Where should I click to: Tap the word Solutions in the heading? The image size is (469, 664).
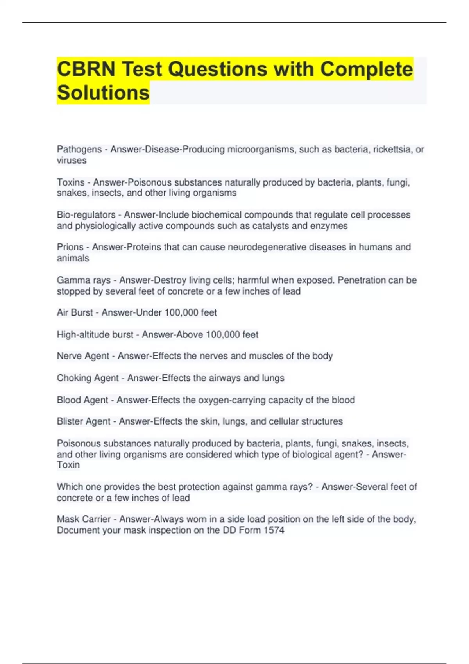click(103, 93)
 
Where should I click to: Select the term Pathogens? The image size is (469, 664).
click(79, 150)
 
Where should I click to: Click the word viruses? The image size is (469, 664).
click(72, 161)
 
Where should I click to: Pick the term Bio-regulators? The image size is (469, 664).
click(86, 215)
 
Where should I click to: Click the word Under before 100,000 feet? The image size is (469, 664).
click(149, 312)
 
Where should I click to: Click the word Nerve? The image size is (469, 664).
click(68, 356)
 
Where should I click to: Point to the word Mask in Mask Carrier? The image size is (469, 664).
click(67, 519)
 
